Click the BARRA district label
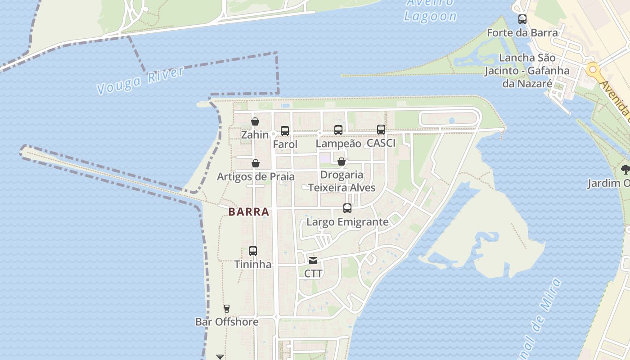(248, 211)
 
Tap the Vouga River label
(141, 81)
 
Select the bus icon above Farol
(285, 131)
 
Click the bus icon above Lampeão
(338, 130)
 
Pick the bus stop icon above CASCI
(381, 130)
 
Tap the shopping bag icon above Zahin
(255, 121)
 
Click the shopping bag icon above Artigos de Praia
(256, 163)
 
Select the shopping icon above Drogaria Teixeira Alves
(342, 162)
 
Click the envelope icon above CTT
(313, 260)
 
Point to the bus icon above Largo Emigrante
(347, 208)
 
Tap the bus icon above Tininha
(253, 251)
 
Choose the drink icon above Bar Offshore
(227, 309)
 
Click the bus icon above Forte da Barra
(522, 19)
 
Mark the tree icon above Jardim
(625, 170)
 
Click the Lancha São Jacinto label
(527, 71)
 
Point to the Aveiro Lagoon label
(430, 11)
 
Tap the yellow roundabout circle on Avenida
(593, 70)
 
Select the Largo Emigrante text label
(347, 222)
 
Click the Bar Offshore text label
(227, 322)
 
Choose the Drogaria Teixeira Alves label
(342, 181)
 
